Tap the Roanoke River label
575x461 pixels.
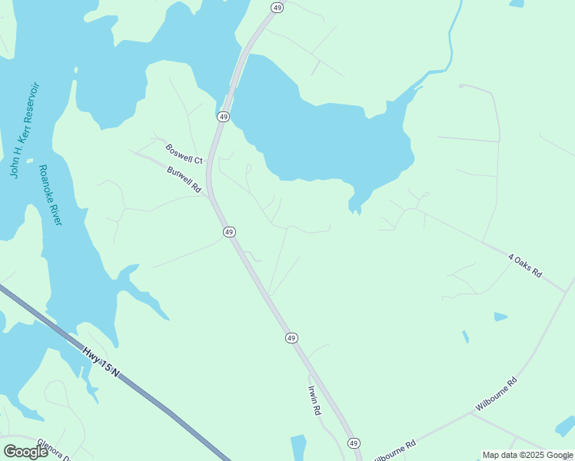click(51, 195)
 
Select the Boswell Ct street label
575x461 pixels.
click(184, 154)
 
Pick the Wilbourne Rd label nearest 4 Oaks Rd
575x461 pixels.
click(496, 393)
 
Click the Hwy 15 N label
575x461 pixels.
click(101, 361)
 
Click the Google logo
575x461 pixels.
click(25, 452)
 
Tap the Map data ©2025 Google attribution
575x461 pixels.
click(527, 455)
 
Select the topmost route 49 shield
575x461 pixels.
click(277, 7)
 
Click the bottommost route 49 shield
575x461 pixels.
click(354, 443)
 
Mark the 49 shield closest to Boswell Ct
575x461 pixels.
click(223, 116)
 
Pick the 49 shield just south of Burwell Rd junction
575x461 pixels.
click(229, 231)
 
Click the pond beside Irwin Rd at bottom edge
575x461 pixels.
click(299, 447)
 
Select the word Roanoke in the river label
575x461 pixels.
click(45, 181)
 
